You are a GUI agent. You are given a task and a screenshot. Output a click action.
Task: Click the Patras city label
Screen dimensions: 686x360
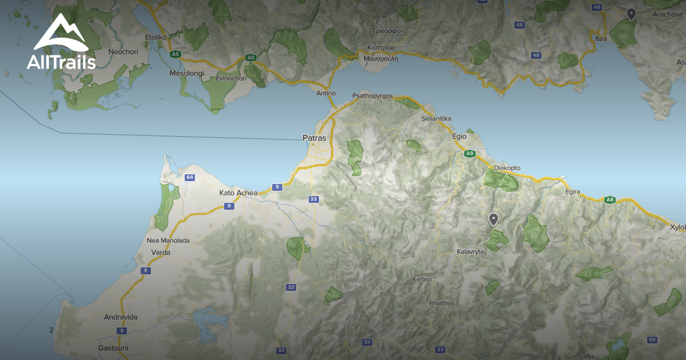tap(314, 138)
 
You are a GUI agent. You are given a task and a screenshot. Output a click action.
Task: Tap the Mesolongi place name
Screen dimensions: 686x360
tap(187, 73)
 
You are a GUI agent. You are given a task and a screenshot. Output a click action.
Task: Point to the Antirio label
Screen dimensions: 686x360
tap(326, 93)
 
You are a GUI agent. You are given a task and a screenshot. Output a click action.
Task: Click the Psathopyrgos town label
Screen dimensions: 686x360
tap(373, 95)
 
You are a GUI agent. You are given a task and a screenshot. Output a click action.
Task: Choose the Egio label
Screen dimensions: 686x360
tap(459, 137)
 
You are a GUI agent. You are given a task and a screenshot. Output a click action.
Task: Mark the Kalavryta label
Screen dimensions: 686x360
tap(470, 251)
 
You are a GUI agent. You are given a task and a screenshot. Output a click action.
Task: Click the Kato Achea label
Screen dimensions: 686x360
tap(238, 193)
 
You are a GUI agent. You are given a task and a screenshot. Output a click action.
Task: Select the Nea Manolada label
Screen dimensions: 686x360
tap(168, 241)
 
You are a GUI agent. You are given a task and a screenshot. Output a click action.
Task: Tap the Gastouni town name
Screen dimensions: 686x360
tap(113, 347)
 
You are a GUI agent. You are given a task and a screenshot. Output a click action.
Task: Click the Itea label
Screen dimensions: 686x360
tap(601, 39)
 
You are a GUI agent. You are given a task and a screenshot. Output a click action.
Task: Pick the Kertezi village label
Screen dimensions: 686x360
tap(422, 279)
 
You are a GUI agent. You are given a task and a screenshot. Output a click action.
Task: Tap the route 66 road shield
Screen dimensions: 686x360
tap(652, 340)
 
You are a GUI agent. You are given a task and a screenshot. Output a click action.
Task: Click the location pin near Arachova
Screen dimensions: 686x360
tap(631, 14)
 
